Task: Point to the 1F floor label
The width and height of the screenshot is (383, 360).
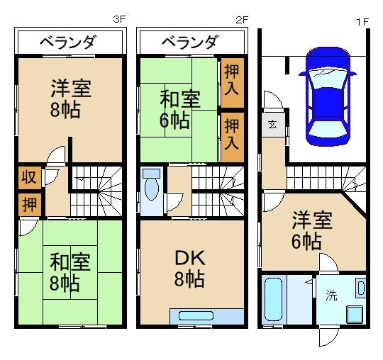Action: [362, 21]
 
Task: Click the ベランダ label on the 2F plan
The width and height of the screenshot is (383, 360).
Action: [189, 43]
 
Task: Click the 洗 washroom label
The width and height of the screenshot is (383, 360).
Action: [331, 296]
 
